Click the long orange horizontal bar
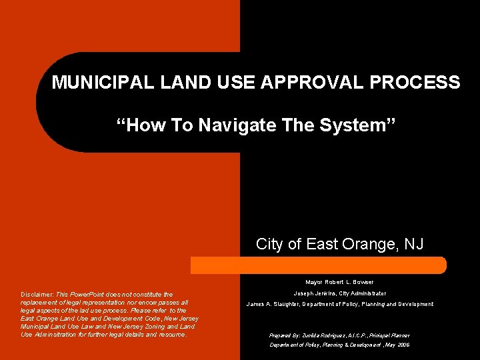pyautogui.click(x=318, y=265)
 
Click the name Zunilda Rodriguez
pyautogui.click(x=317, y=335)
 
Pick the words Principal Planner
pyautogui.click(x=391, y=335)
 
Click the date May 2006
pyautogui.click(x=398, y=345)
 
